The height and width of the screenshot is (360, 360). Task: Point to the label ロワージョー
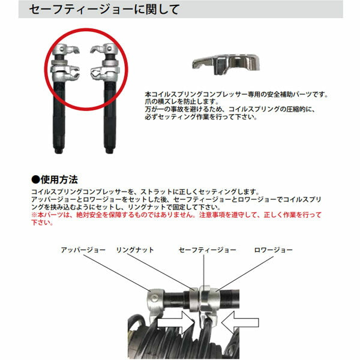click(274, 250)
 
